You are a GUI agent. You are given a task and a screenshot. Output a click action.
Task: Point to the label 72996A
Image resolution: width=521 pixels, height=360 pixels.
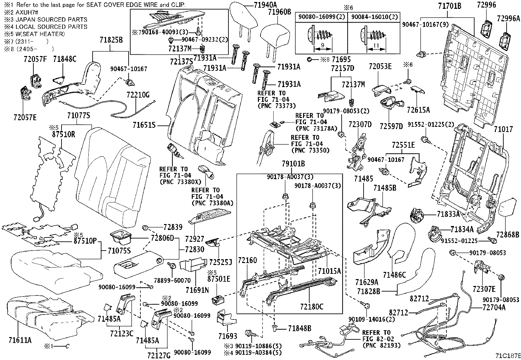point(508,18)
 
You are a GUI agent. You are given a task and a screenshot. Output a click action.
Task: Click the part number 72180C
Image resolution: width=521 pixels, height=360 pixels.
point(312,307)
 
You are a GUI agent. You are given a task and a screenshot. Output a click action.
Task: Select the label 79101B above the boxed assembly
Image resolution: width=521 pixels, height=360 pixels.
point(293,163)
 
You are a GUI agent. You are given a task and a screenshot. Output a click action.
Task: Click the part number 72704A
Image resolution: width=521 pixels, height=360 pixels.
point(494,307)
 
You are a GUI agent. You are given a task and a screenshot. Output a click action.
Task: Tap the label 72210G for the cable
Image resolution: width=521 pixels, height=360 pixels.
point(138,95)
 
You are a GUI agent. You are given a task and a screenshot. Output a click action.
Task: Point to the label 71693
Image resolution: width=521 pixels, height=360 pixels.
point(228,336)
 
